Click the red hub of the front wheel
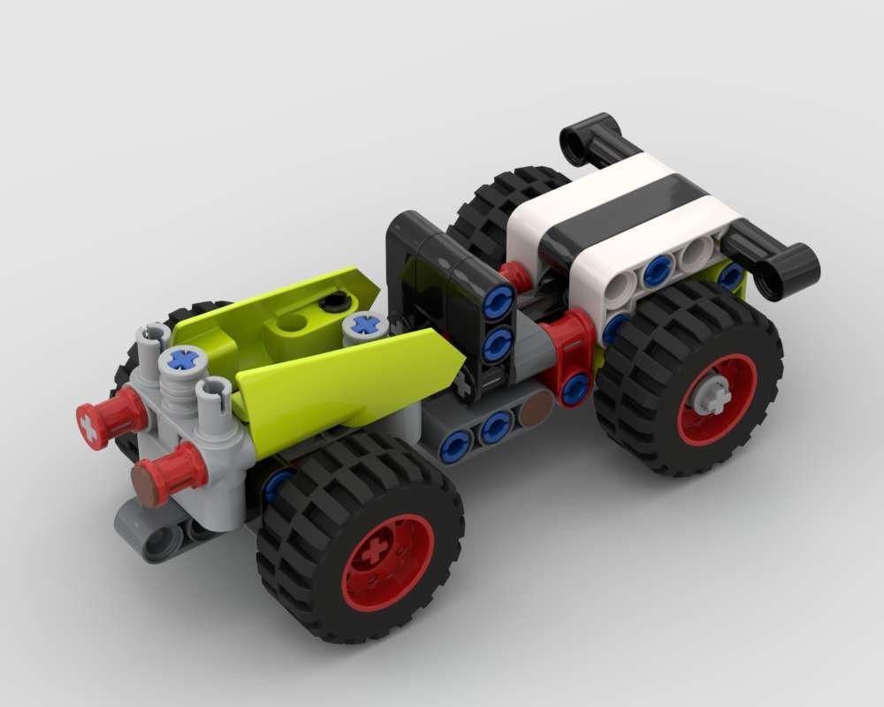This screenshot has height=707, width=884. point(387,562)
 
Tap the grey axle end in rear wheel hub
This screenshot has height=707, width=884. point(713,395)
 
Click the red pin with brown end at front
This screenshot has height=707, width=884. point(146,485)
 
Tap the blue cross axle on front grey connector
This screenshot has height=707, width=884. point(183,360)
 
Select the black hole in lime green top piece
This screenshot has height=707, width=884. point(333,303)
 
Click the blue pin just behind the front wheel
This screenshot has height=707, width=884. point(277,483)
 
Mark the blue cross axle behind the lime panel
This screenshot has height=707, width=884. point(364,325)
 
